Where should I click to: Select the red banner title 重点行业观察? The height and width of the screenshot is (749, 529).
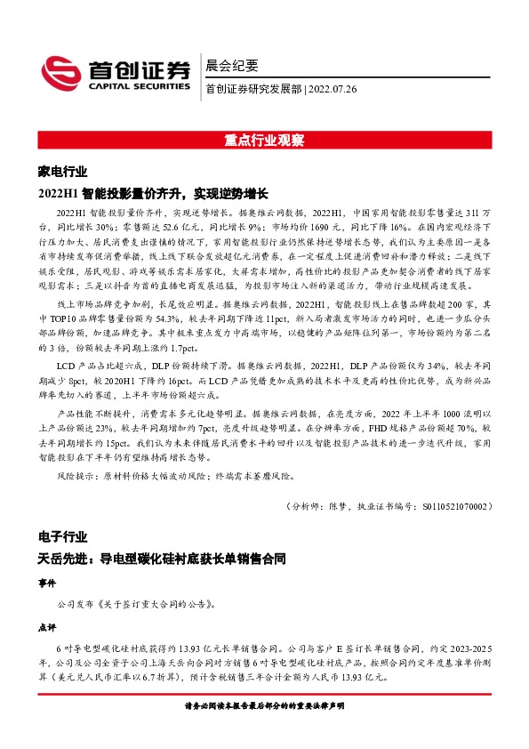click(264, 141)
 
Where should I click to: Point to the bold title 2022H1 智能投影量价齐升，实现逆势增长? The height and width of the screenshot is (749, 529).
click(153, 192)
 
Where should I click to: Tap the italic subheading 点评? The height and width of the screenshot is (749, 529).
click(46, 626)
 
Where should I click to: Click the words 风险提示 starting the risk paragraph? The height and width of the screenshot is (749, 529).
click(75, 477)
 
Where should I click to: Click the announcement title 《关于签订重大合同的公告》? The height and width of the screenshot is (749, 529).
click(154, 603)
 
